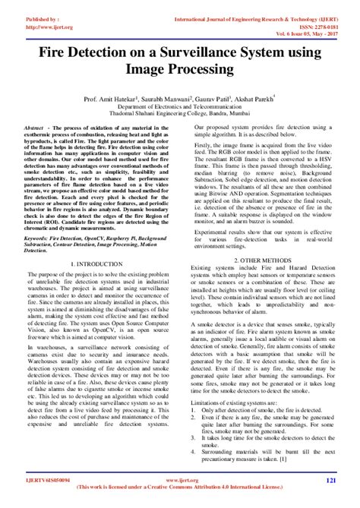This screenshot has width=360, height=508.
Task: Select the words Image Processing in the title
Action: point(180,71)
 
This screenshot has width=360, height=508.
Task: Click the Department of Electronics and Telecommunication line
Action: point(180,107)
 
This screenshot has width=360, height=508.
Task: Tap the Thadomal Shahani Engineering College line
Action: point(180,115)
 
